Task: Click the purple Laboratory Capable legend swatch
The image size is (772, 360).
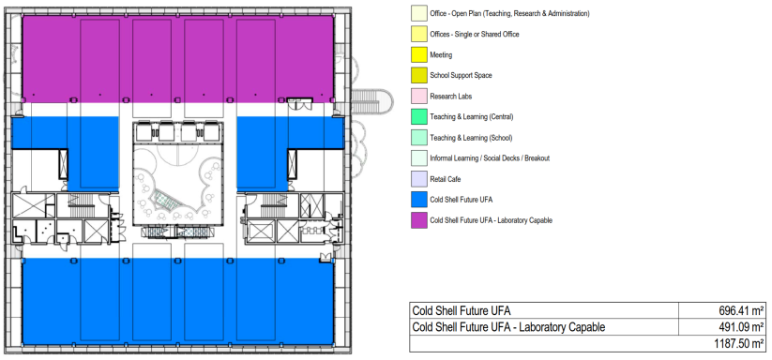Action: tap(419, 220)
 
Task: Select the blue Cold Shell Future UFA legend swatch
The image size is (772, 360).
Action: tap(419, 200)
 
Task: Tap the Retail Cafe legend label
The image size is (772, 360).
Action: tap(445, 179)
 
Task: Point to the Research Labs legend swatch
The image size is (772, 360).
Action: tap(419, 97)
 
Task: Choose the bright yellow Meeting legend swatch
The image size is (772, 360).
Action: tap(419, 55)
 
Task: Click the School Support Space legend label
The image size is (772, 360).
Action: tap(461, 76)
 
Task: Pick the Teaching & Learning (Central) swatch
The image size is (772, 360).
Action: tap(419, 117)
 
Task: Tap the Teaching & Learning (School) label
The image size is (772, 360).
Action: tap(471, 138)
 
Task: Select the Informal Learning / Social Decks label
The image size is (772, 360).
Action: tap(490, 158)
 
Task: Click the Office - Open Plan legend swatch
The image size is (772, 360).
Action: tap(419, 14)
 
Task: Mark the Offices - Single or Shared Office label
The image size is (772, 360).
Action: tap(474, 35)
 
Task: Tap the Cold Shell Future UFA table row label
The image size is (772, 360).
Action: tap(462, 311)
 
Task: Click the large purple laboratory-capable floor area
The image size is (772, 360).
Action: tap(177, 59)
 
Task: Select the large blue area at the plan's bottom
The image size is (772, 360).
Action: tap(177, 302)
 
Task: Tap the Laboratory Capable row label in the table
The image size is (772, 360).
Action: tap(508, 327)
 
